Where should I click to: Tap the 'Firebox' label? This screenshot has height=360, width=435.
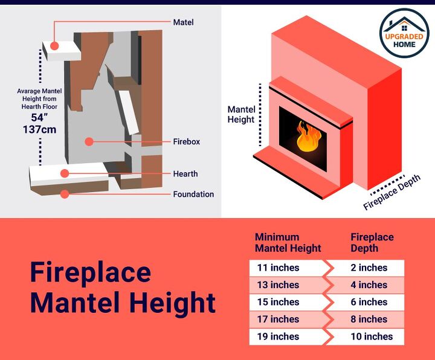click(186, 142)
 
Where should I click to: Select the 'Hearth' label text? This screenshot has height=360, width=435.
click(185, 174)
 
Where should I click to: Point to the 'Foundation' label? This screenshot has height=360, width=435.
click(193, 194)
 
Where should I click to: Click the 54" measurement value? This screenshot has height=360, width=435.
click(40, 117)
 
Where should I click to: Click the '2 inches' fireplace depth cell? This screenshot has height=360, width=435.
click(369, 268)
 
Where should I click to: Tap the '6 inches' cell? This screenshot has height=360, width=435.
click(369, 302)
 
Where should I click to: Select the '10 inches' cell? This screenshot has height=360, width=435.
click(371, 336)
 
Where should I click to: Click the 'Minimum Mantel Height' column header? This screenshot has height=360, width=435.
click(288, 242)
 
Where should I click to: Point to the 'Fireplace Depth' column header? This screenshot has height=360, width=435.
click(372, 242)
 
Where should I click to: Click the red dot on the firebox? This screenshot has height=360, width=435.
click(89, 142)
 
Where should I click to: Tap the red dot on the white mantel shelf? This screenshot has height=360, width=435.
click(55, 46)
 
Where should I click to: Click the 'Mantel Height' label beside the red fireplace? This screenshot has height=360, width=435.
click(240, 115)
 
